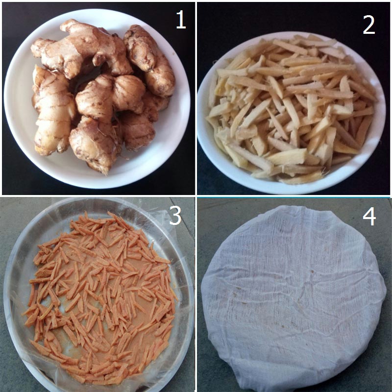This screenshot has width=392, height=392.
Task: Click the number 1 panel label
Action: (181, 20)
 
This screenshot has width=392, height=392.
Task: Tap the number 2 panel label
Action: (369, 25)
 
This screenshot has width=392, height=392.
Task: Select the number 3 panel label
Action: (175, 216)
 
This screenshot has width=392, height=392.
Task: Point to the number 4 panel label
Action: (369, 217)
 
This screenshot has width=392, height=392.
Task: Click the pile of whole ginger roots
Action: (100, 95)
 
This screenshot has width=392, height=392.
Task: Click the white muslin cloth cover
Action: (294, 297)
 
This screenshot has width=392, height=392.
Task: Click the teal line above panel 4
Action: (294, 197)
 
